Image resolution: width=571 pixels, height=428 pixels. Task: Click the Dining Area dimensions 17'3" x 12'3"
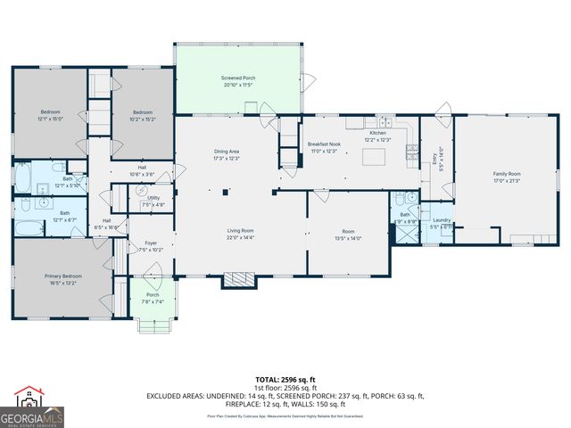(226, 158)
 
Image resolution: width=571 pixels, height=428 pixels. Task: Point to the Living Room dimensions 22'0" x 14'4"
(240, 237)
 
